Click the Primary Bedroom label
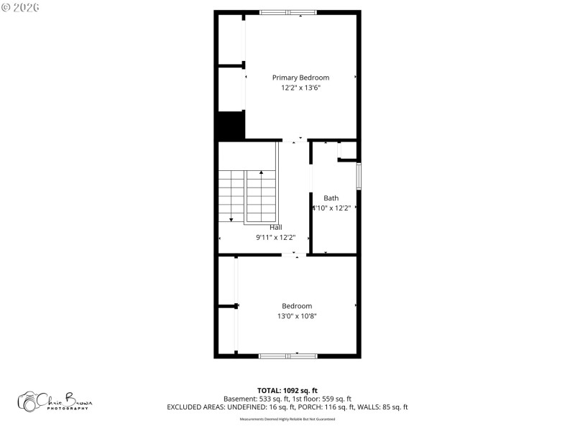(x=300, y=78)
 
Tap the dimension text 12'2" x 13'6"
(x=300, y=88)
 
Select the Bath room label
(x=331, y=198)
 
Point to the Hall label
(x=275, y=227)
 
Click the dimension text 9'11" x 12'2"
(x=275, y=237)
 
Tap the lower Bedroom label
(x=297, y=306)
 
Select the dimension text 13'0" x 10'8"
(x=297, y=316)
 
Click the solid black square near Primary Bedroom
(x=231, y=126)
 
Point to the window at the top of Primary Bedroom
(x=287, y=12)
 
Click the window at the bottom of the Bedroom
(x=287, y=355)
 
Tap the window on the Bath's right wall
(x=358, y=175)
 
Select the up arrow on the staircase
(x=261, y=173)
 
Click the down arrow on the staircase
(x=231, y=218)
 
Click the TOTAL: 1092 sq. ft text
(x=287, y=390)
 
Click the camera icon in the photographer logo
(x=29, y=402)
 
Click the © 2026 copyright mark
(x=20, y=6)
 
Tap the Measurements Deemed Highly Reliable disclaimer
(x=287, y=419)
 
